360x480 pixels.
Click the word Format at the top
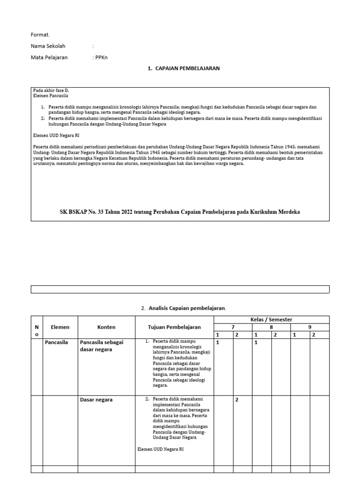(40, 35)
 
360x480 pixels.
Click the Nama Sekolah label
(48, 46)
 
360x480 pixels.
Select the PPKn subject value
(104, 57)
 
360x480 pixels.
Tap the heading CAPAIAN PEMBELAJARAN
(183, 68)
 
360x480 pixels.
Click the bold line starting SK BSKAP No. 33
(180, 212)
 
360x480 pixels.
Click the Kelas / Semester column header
(271, 319)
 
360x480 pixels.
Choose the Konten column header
(106, 327)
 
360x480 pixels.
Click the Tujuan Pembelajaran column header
(174, 327)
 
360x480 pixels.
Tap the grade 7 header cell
(233, 327)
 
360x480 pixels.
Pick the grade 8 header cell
(271, 327)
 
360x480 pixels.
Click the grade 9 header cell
(310, 327)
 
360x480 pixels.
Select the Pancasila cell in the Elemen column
(56, 342)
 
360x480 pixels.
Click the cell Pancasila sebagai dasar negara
(101, 346)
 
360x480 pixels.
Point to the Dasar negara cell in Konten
(96, 400)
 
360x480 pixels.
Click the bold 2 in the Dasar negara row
(237, 400)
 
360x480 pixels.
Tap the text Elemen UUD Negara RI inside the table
(160, 449)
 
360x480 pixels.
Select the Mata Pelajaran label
(49, 57)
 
